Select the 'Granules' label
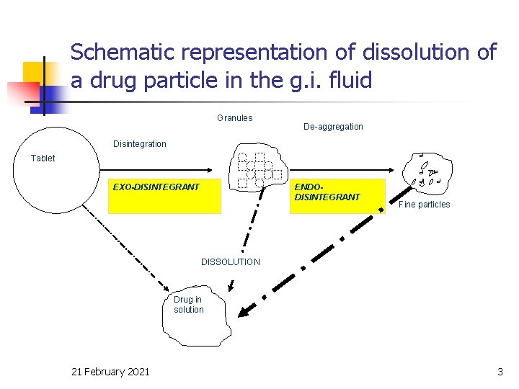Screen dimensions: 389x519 (234, 118)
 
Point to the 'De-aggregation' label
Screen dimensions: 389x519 (333, 127)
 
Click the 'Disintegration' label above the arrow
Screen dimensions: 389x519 (139, 144)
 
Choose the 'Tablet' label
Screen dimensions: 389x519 (43, 158)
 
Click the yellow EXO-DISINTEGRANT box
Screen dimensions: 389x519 (164, 196)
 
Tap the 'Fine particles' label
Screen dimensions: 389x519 (424, 205)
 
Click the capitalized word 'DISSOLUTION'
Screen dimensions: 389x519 (230, 262)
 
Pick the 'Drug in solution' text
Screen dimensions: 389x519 (188, 305)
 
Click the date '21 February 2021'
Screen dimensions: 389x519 (110, 372)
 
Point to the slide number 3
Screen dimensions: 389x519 (500, 372)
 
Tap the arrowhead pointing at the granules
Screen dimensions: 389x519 (208, 170)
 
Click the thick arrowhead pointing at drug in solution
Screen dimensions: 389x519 (246, 311)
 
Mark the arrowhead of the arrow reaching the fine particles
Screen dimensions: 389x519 (390, 170)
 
